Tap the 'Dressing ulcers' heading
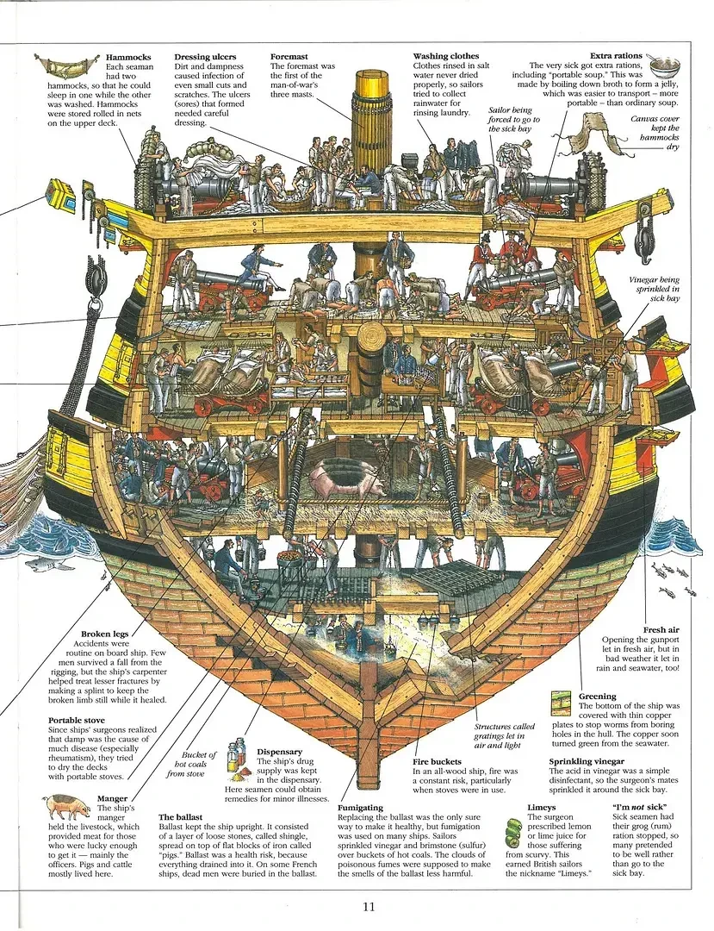pos(205,57)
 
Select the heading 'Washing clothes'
pos(445,56)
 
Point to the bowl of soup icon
pos(663,66)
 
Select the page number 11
pos(369,905)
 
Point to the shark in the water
pos(40,564)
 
